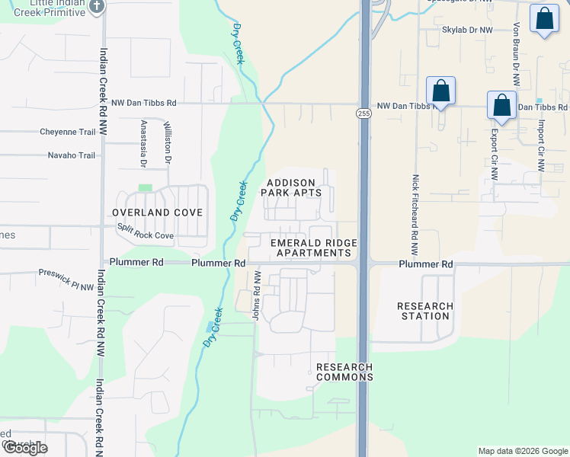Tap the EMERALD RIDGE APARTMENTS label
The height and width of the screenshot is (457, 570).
point(314,248)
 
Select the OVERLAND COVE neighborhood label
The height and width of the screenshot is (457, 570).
point(157,213)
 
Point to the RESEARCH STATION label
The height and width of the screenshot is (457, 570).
point(425,311)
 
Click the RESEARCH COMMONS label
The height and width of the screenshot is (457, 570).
point(344,372)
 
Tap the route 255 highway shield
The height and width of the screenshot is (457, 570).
point(363,113)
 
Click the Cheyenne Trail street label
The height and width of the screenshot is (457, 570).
point(68,132)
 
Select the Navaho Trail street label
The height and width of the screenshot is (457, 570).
point(68,155)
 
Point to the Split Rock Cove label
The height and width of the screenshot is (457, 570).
point(145,232)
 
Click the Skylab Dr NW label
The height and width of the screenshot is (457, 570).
point(468,30)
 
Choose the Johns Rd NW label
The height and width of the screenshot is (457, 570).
point(257,296)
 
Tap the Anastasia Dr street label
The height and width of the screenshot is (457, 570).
point(142,143)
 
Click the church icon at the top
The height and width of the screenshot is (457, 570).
point(96,7)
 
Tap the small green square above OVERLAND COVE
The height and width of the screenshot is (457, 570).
point(145,187)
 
